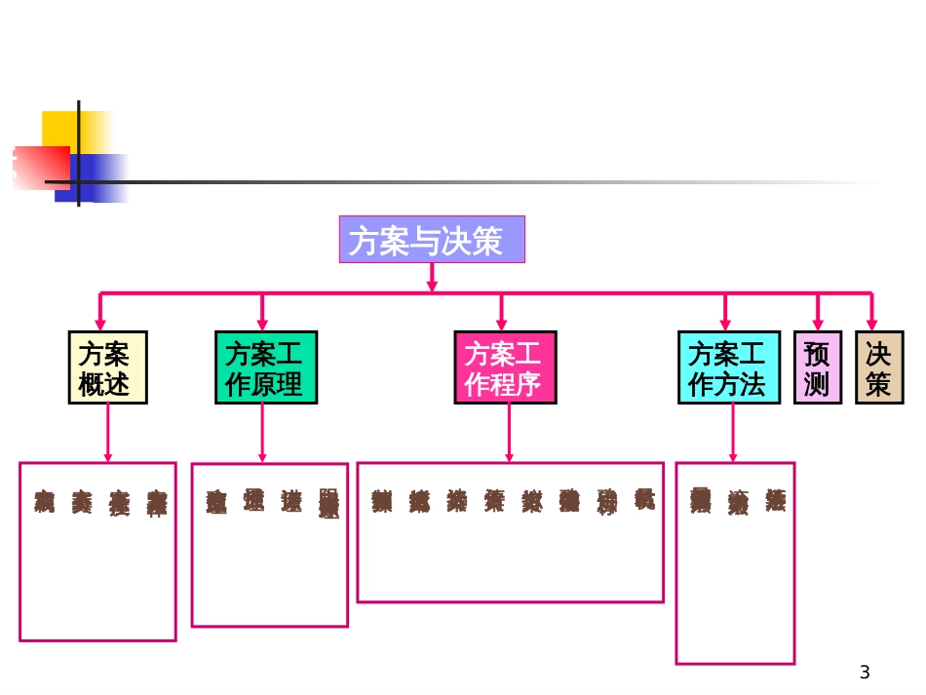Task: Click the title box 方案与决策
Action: point(432,240)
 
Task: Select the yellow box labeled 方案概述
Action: point(107,367)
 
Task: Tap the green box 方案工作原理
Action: point(264,367)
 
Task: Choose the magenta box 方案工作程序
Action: point(505,367)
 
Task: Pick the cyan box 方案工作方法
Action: point(728,367)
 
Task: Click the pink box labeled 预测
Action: point(817,367)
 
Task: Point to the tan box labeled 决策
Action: point(878,367)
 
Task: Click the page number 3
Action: point(865,672)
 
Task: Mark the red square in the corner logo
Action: point(39,166)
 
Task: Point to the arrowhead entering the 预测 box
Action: point(818,324)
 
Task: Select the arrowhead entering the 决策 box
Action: point(871,324)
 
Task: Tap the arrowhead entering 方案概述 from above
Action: point(98,324)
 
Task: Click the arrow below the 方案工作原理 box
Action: point(262,434)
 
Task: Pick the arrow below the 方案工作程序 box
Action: point(507,433)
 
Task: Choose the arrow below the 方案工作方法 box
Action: point(733,433)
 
